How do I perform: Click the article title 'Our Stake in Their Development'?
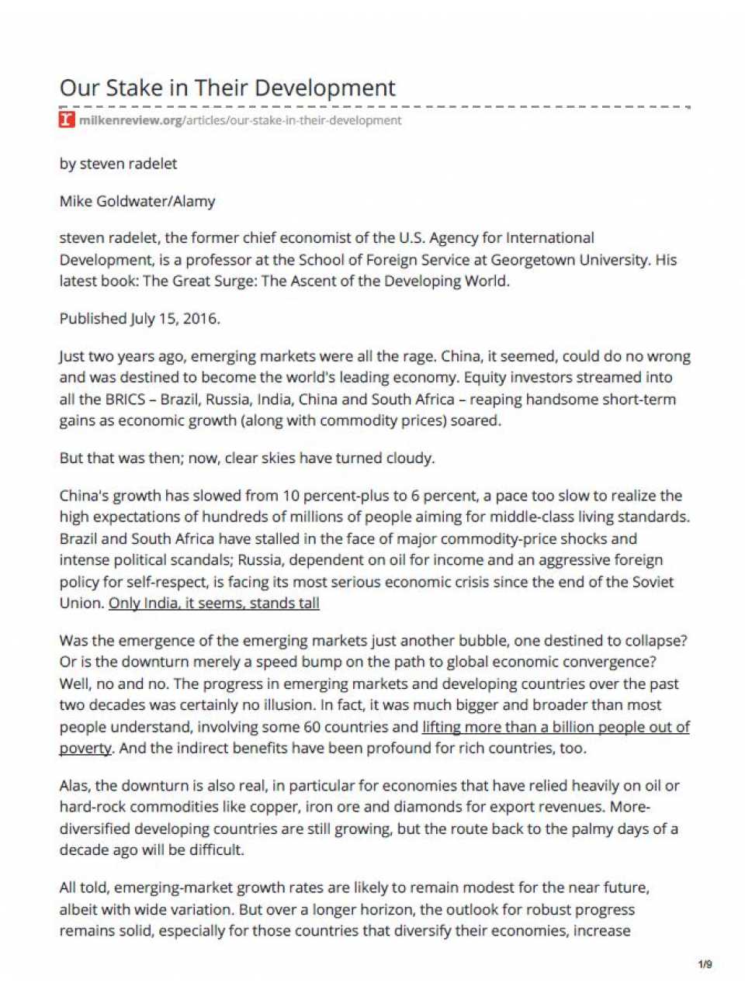(227, 87)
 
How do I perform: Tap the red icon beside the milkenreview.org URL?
(68, 120)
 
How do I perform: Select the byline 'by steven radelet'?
(118, 164)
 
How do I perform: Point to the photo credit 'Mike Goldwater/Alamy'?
(137, 201)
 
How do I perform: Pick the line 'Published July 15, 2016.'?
(140, 318)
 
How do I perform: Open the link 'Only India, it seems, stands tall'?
(214, 603)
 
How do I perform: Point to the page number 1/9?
(705, 964)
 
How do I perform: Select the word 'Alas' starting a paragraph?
(75, 785)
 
